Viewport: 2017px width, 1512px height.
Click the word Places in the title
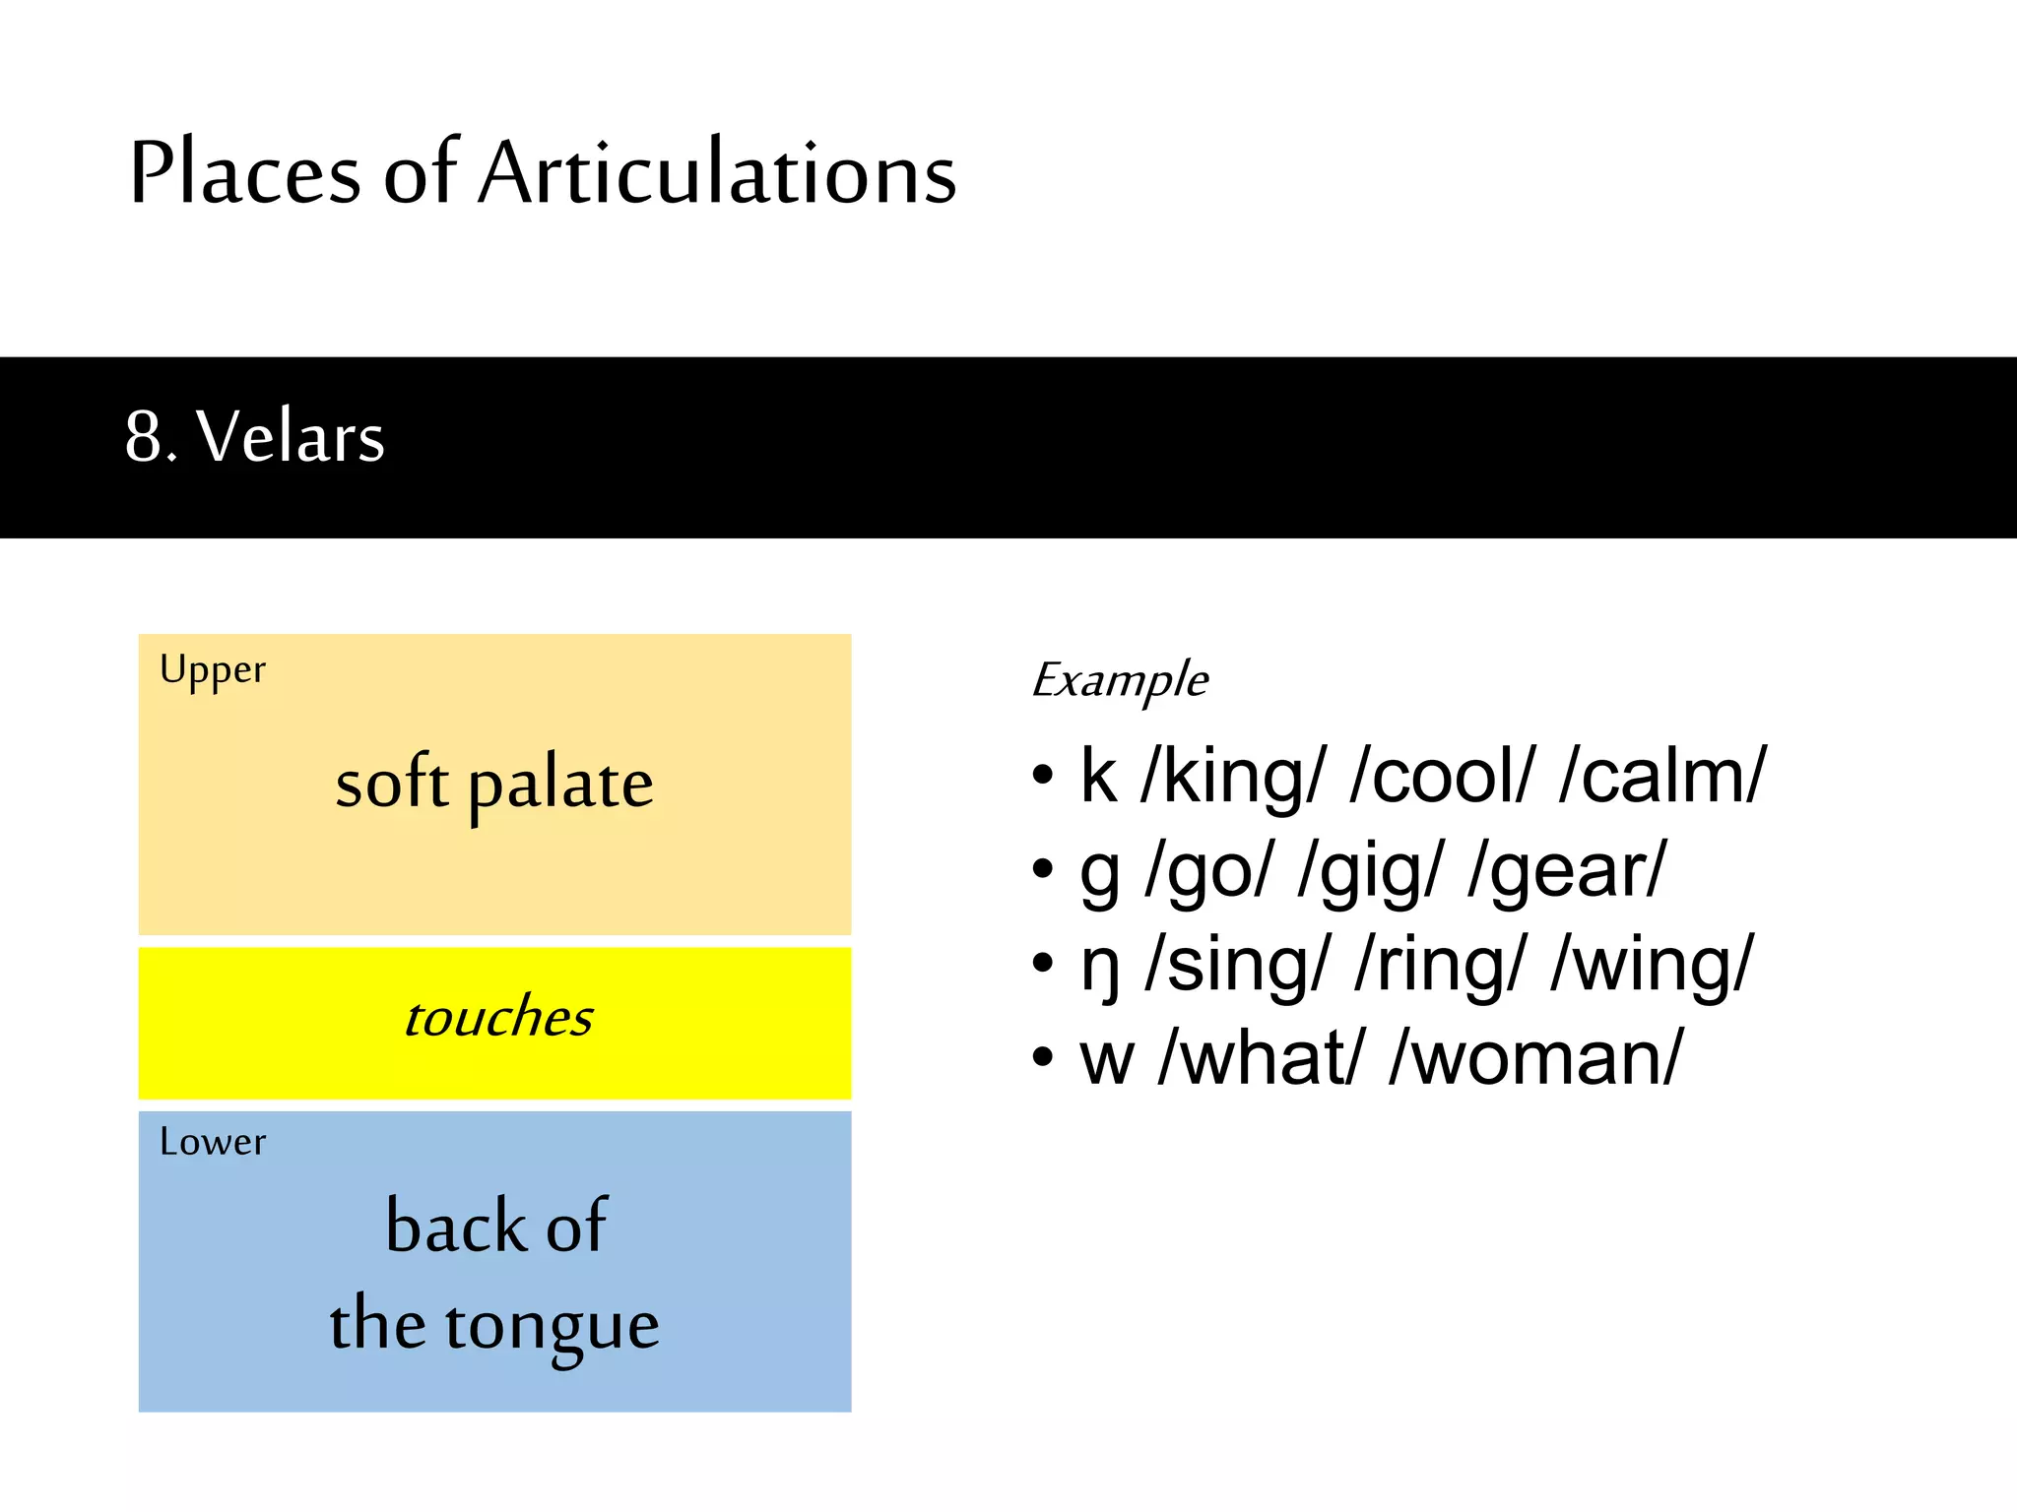[x=244, y=174]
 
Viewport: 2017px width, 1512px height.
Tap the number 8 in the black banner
[x=144, y=437]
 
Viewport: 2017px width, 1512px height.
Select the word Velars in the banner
[x=291, y=437]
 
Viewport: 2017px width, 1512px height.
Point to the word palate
[x=559, y=786]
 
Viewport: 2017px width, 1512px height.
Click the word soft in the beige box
[x=391, y=784]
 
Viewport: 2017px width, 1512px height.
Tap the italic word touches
[x=498, y=1018]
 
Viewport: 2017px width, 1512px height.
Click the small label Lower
[x=213, y=1142]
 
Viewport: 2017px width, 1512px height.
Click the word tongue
[x=552, y=1326]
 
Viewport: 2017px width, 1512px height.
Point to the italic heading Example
[x=1120, y=680]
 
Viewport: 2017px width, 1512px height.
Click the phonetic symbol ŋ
[x=1099, y=968]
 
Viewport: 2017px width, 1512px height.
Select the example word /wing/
[x=1652, y=966]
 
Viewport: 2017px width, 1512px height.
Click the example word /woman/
[x=1536, y=1059]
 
